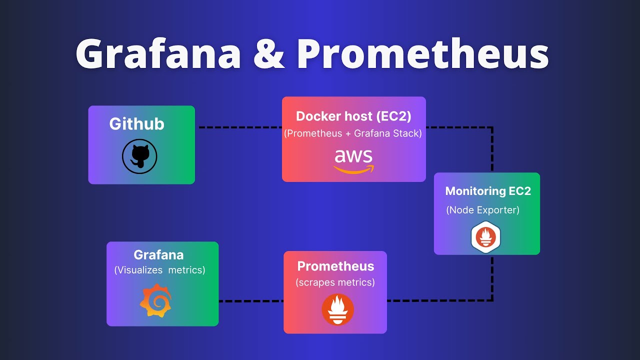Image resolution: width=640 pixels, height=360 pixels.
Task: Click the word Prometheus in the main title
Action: click(422, 54)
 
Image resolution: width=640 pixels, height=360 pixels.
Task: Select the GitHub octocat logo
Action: click(139, 156)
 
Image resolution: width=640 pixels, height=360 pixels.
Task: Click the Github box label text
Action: click(136, 124)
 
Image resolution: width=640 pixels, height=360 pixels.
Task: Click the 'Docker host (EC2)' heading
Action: click(353, 116)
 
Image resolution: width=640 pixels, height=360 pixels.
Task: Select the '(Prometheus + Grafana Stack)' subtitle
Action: click(353, 133)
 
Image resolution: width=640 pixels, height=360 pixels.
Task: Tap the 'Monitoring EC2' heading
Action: click(488, 191)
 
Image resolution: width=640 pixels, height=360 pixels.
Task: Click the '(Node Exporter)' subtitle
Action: click(482, 210)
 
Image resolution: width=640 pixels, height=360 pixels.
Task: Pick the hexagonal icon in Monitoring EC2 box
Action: click(485, 237)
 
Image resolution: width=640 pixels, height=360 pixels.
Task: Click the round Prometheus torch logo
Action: click(337, 309)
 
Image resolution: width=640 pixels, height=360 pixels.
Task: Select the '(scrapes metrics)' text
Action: click(335, 282)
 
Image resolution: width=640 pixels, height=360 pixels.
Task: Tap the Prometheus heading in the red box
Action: click(335, 266)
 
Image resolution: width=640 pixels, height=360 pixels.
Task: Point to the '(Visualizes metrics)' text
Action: click(159, 270)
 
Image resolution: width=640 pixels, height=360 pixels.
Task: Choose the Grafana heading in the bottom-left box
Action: click(158, 254)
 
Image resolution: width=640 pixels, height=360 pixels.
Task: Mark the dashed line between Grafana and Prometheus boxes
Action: click(250, 301)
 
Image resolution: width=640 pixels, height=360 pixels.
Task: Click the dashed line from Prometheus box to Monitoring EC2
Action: click(440, 300)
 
